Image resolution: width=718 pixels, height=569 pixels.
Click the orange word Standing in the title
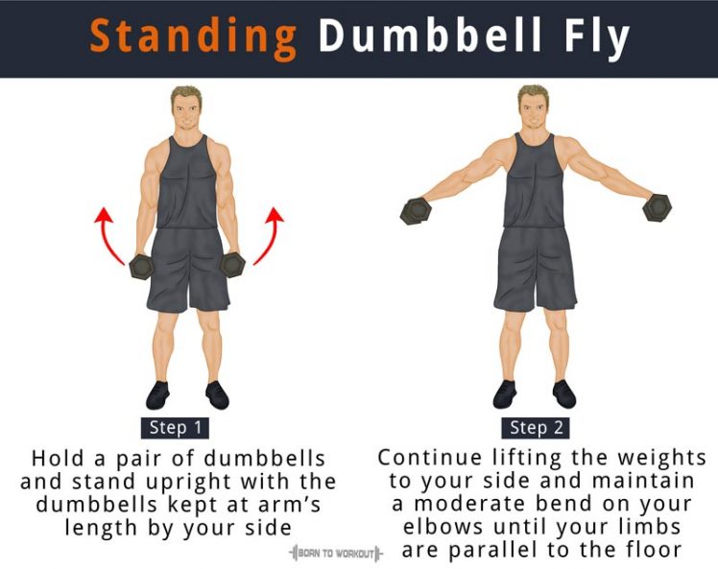tap(193, 37)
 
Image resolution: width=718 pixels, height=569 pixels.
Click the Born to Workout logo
tap(335, 554)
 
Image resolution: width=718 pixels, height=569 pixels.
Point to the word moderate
tap(469, 504)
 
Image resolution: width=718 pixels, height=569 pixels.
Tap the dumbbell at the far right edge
tap(658, 206)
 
